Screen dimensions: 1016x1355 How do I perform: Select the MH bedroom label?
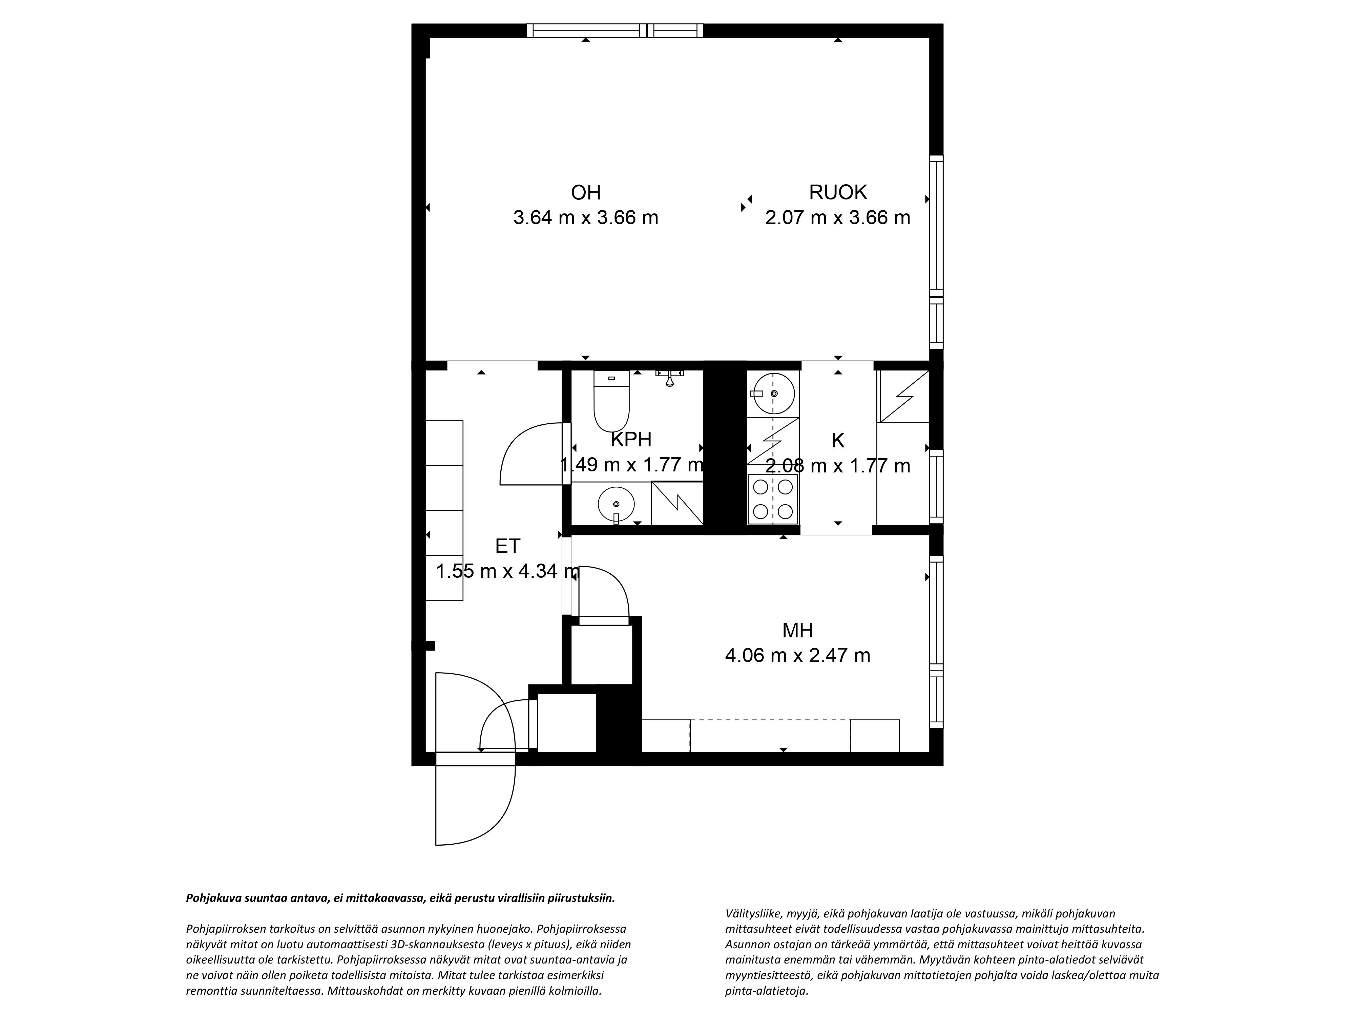(x=797, y=630)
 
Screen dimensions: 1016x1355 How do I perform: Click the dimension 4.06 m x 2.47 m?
(x=797, y=655)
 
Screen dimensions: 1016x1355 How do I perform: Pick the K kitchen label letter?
(x=837, y=440)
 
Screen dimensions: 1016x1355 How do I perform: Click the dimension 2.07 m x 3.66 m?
(x=837, y=217)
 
